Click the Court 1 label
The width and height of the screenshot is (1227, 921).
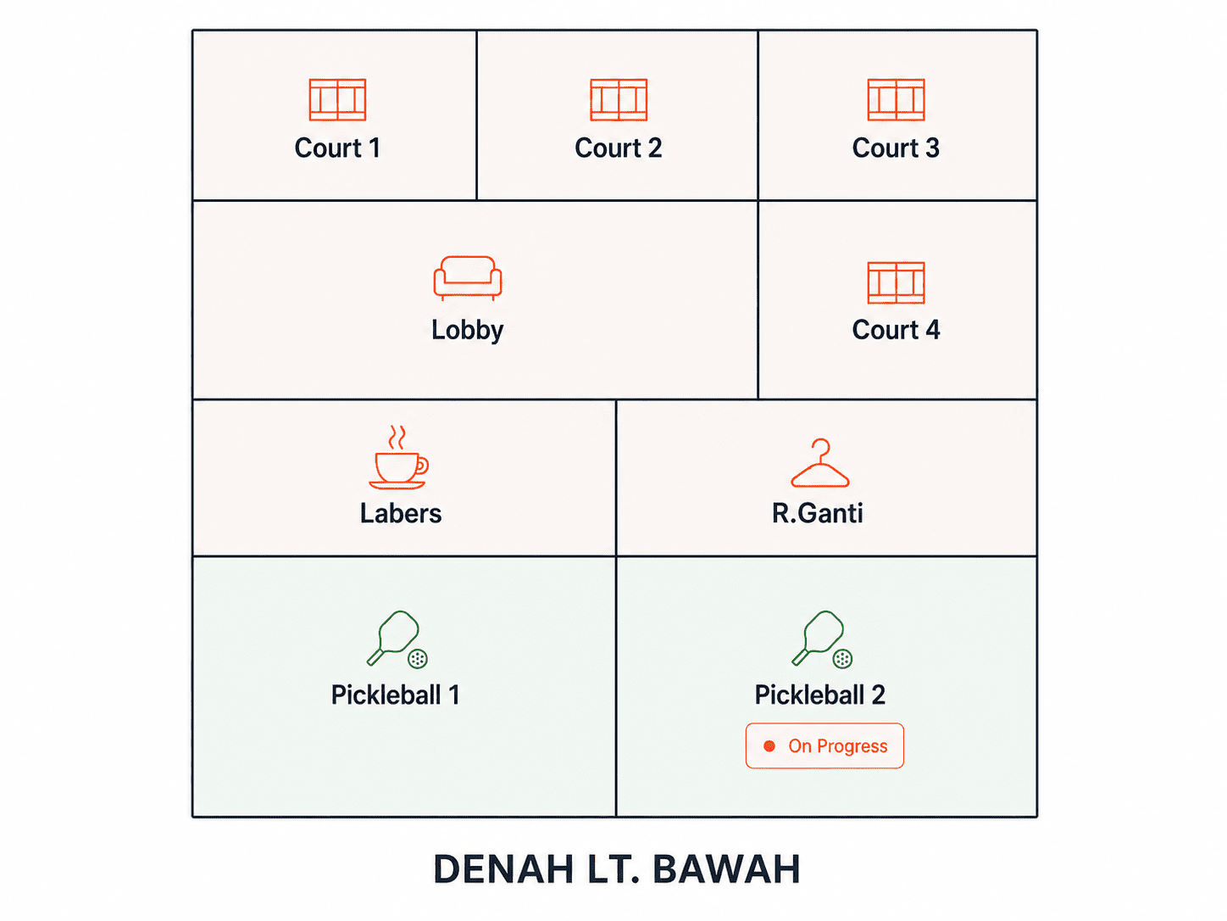tap(337, 148)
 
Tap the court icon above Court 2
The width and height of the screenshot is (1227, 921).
tap(619, 99)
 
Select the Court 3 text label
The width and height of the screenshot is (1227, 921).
tap(896, 148)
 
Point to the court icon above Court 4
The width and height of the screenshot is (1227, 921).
tap(896, 282)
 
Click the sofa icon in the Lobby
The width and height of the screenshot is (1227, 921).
tap(467, 278)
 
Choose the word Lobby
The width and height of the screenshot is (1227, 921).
tap(467, 331)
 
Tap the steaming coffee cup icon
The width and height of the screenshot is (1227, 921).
tap(398, 457)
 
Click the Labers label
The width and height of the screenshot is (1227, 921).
tap(400, 513)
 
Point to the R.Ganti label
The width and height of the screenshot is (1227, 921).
tap(817, 513)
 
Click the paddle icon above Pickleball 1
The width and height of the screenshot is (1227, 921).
tap(397, 639)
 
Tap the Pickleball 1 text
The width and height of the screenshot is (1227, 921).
tap(395, 695)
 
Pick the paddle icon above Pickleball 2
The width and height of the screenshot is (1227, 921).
tap(822, 639)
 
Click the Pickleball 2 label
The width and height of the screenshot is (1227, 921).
tap(820, 695)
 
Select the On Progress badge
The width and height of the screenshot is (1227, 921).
tap(824, 746)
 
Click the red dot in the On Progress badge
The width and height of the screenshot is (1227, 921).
tap(769, 746)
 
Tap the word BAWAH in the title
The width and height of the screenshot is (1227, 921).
tap(726, 869)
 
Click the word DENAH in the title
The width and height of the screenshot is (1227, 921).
tap(503, 869)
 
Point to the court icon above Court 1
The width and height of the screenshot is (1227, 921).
tap(337, 99)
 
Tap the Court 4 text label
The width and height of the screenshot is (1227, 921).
tap(896, 330)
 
